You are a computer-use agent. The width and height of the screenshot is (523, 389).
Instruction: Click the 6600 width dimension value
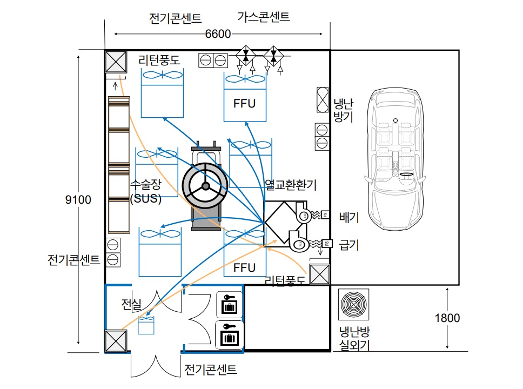click(218, 33)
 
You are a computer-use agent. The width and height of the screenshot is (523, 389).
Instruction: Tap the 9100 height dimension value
click(78, 199)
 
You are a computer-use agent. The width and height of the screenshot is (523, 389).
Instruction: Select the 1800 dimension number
click(447, 318)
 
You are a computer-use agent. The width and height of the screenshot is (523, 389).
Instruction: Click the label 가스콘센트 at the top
click(264, 17)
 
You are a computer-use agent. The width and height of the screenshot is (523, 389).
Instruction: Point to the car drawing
click(395, 159)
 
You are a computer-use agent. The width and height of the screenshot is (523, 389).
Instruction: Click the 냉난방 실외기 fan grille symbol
click(353, 304)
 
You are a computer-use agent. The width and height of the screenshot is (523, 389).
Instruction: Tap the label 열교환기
click(291, 184)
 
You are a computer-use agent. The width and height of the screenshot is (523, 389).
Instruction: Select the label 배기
click(349, 217)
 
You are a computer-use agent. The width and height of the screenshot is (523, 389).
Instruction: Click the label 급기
click(349, 245)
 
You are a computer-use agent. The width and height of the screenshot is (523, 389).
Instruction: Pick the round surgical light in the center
click(205, 186)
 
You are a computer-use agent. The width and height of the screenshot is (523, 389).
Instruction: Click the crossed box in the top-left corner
click(116, 62)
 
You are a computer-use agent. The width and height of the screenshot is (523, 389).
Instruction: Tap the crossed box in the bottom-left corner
click(116, 341)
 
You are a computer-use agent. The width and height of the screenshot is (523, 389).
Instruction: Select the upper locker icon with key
click(230, 304)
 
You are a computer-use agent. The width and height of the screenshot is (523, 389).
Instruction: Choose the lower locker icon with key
click(230, 334)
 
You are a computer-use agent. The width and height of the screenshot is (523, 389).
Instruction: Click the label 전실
click(131, 304)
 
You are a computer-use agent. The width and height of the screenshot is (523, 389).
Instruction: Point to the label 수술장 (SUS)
click(146, 191)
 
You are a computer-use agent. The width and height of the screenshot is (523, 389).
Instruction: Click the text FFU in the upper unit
click(245, 103)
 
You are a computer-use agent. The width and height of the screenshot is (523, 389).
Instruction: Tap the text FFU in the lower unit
click(245, 267)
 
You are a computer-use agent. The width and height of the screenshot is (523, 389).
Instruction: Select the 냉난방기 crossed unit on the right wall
click(322, 100)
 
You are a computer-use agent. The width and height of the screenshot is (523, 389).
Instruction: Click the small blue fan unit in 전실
click(146, 325)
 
